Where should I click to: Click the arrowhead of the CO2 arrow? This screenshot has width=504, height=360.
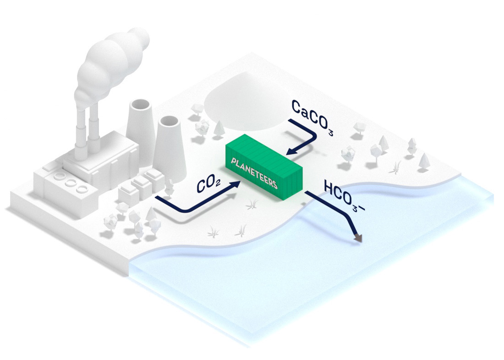tap(236, 183)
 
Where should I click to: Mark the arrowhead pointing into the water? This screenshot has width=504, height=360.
tap(358, 238)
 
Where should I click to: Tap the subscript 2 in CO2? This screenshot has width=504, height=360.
tap(219, 184)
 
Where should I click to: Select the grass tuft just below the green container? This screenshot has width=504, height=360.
tap(251, 205)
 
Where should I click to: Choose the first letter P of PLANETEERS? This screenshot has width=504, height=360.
tap(234, 161)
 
